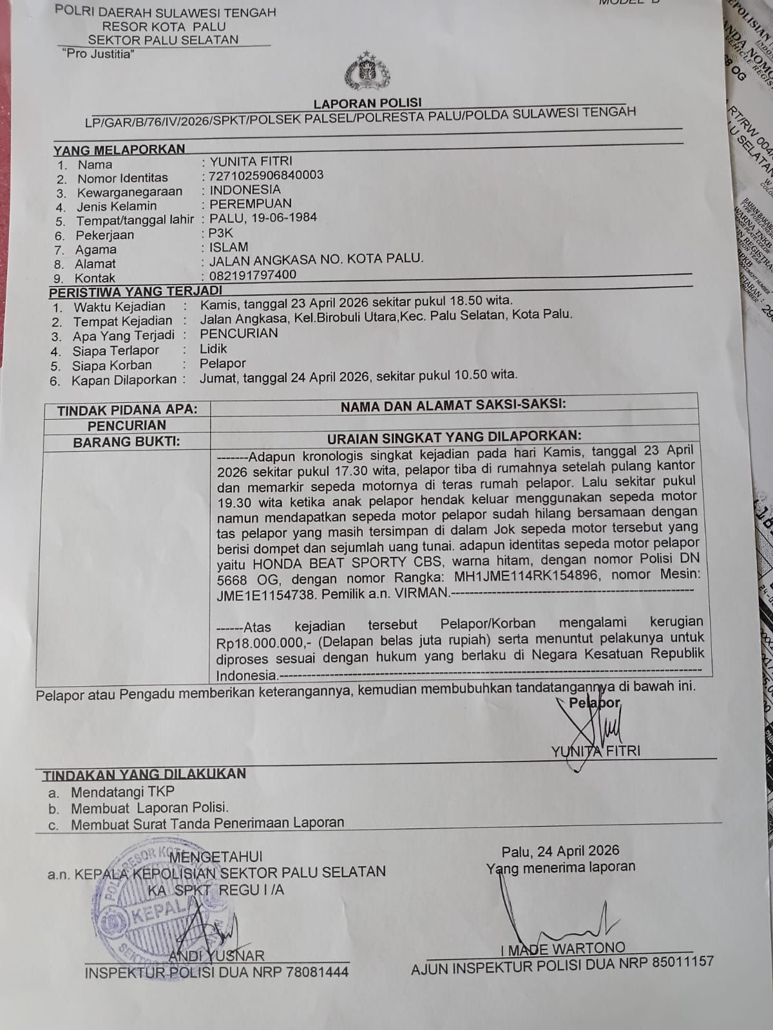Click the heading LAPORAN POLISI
[367, 102]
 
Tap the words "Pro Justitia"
[99, 54]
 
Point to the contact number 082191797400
[253, 275]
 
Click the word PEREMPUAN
[251, 203]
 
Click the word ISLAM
[229, 247]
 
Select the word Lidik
[213, 349]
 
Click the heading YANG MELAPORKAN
[119, 149]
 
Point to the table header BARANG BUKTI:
[126, 442]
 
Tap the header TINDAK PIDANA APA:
[127, 409]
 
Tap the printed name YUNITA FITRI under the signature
[595, 751]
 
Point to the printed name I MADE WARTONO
[563, 948]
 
